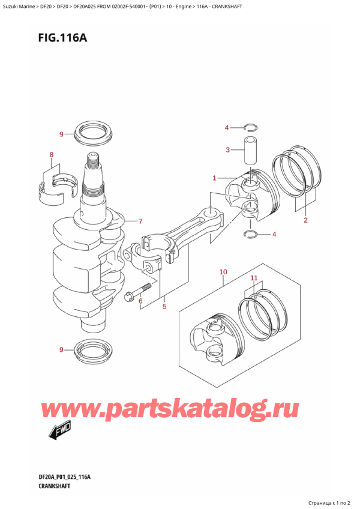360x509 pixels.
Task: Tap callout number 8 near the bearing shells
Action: click(x=52, y=155)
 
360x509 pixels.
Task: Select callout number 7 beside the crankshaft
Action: click(x=140, y=221)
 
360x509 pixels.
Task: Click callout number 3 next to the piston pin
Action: click(x=227, y=150)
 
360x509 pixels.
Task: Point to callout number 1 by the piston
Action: click(x=214, y=178)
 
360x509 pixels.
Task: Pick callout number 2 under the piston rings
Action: click(x=305, y=220)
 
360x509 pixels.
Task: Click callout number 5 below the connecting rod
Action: click(x=163, y=307)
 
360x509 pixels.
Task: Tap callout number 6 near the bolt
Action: click(x=140, y=301)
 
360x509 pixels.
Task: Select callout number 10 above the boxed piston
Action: click(x=223, y=272)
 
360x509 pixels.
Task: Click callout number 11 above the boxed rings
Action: click(x=254, y=279)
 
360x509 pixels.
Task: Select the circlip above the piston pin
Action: click(x=251, y=127)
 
